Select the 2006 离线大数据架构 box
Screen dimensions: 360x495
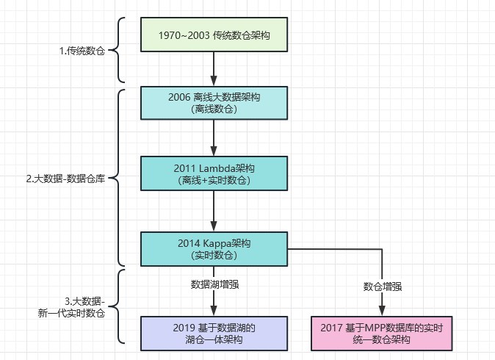coord(213,104)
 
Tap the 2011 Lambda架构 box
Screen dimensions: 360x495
coord(213,173)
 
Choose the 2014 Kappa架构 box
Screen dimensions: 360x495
coord(213,249)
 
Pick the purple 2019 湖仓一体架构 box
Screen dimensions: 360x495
coord(213,333)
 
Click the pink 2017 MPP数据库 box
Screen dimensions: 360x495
coord(382,333)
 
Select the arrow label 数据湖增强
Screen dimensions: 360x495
coord(213,284)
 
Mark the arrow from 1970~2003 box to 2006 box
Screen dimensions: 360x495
coord(213,70)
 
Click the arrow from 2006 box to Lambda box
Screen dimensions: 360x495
coord(213,138)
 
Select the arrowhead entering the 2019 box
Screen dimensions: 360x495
coord(213,311)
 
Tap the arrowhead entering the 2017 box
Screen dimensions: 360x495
coord(382,311)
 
